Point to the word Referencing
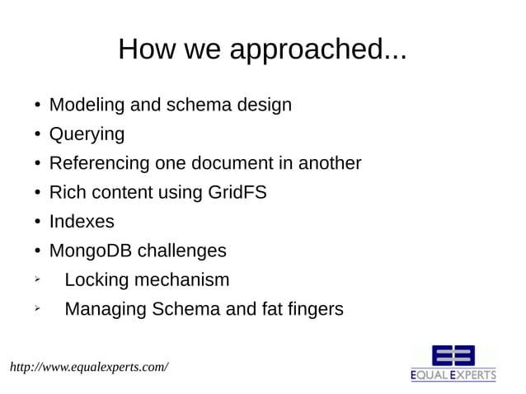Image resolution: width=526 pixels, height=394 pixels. [x=100, y=163]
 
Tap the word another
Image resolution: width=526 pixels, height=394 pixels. [x=329, y=163]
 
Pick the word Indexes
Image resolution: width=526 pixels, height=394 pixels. [x=82, y=222]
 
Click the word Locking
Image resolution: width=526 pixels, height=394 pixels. [x=96, y=280]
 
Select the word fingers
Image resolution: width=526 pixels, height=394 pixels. [x=312, y=310]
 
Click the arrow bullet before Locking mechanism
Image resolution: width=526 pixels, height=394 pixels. [x=37, y=279]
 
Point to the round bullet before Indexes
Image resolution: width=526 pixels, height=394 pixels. [x=38, y=223]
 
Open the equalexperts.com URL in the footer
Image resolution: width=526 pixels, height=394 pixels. [x=89, y=364]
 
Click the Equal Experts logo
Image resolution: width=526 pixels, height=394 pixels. [x=453, y=364]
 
